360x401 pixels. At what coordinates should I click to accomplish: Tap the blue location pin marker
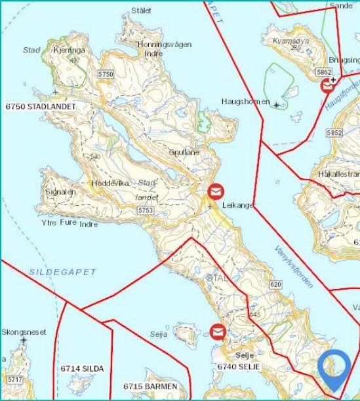(x=334, y=369)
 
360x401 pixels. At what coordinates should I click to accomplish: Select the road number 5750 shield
(x=106, y=75)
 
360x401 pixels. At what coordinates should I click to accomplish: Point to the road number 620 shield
(x=275, y=284)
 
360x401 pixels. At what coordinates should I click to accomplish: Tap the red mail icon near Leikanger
(x=216, y=191)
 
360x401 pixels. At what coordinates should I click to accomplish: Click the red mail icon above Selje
(x=217, y=331)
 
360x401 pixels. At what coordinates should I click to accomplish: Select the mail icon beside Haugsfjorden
(x=328, y=85)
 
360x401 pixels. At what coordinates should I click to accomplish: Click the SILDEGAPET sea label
(x=63, y=271)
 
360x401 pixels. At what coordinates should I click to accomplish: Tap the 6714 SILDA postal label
(x=82, y=369)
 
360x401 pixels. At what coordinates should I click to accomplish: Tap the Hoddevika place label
(x=109, y=183)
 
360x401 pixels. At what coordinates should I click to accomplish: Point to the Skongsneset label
(x=24, y=332)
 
